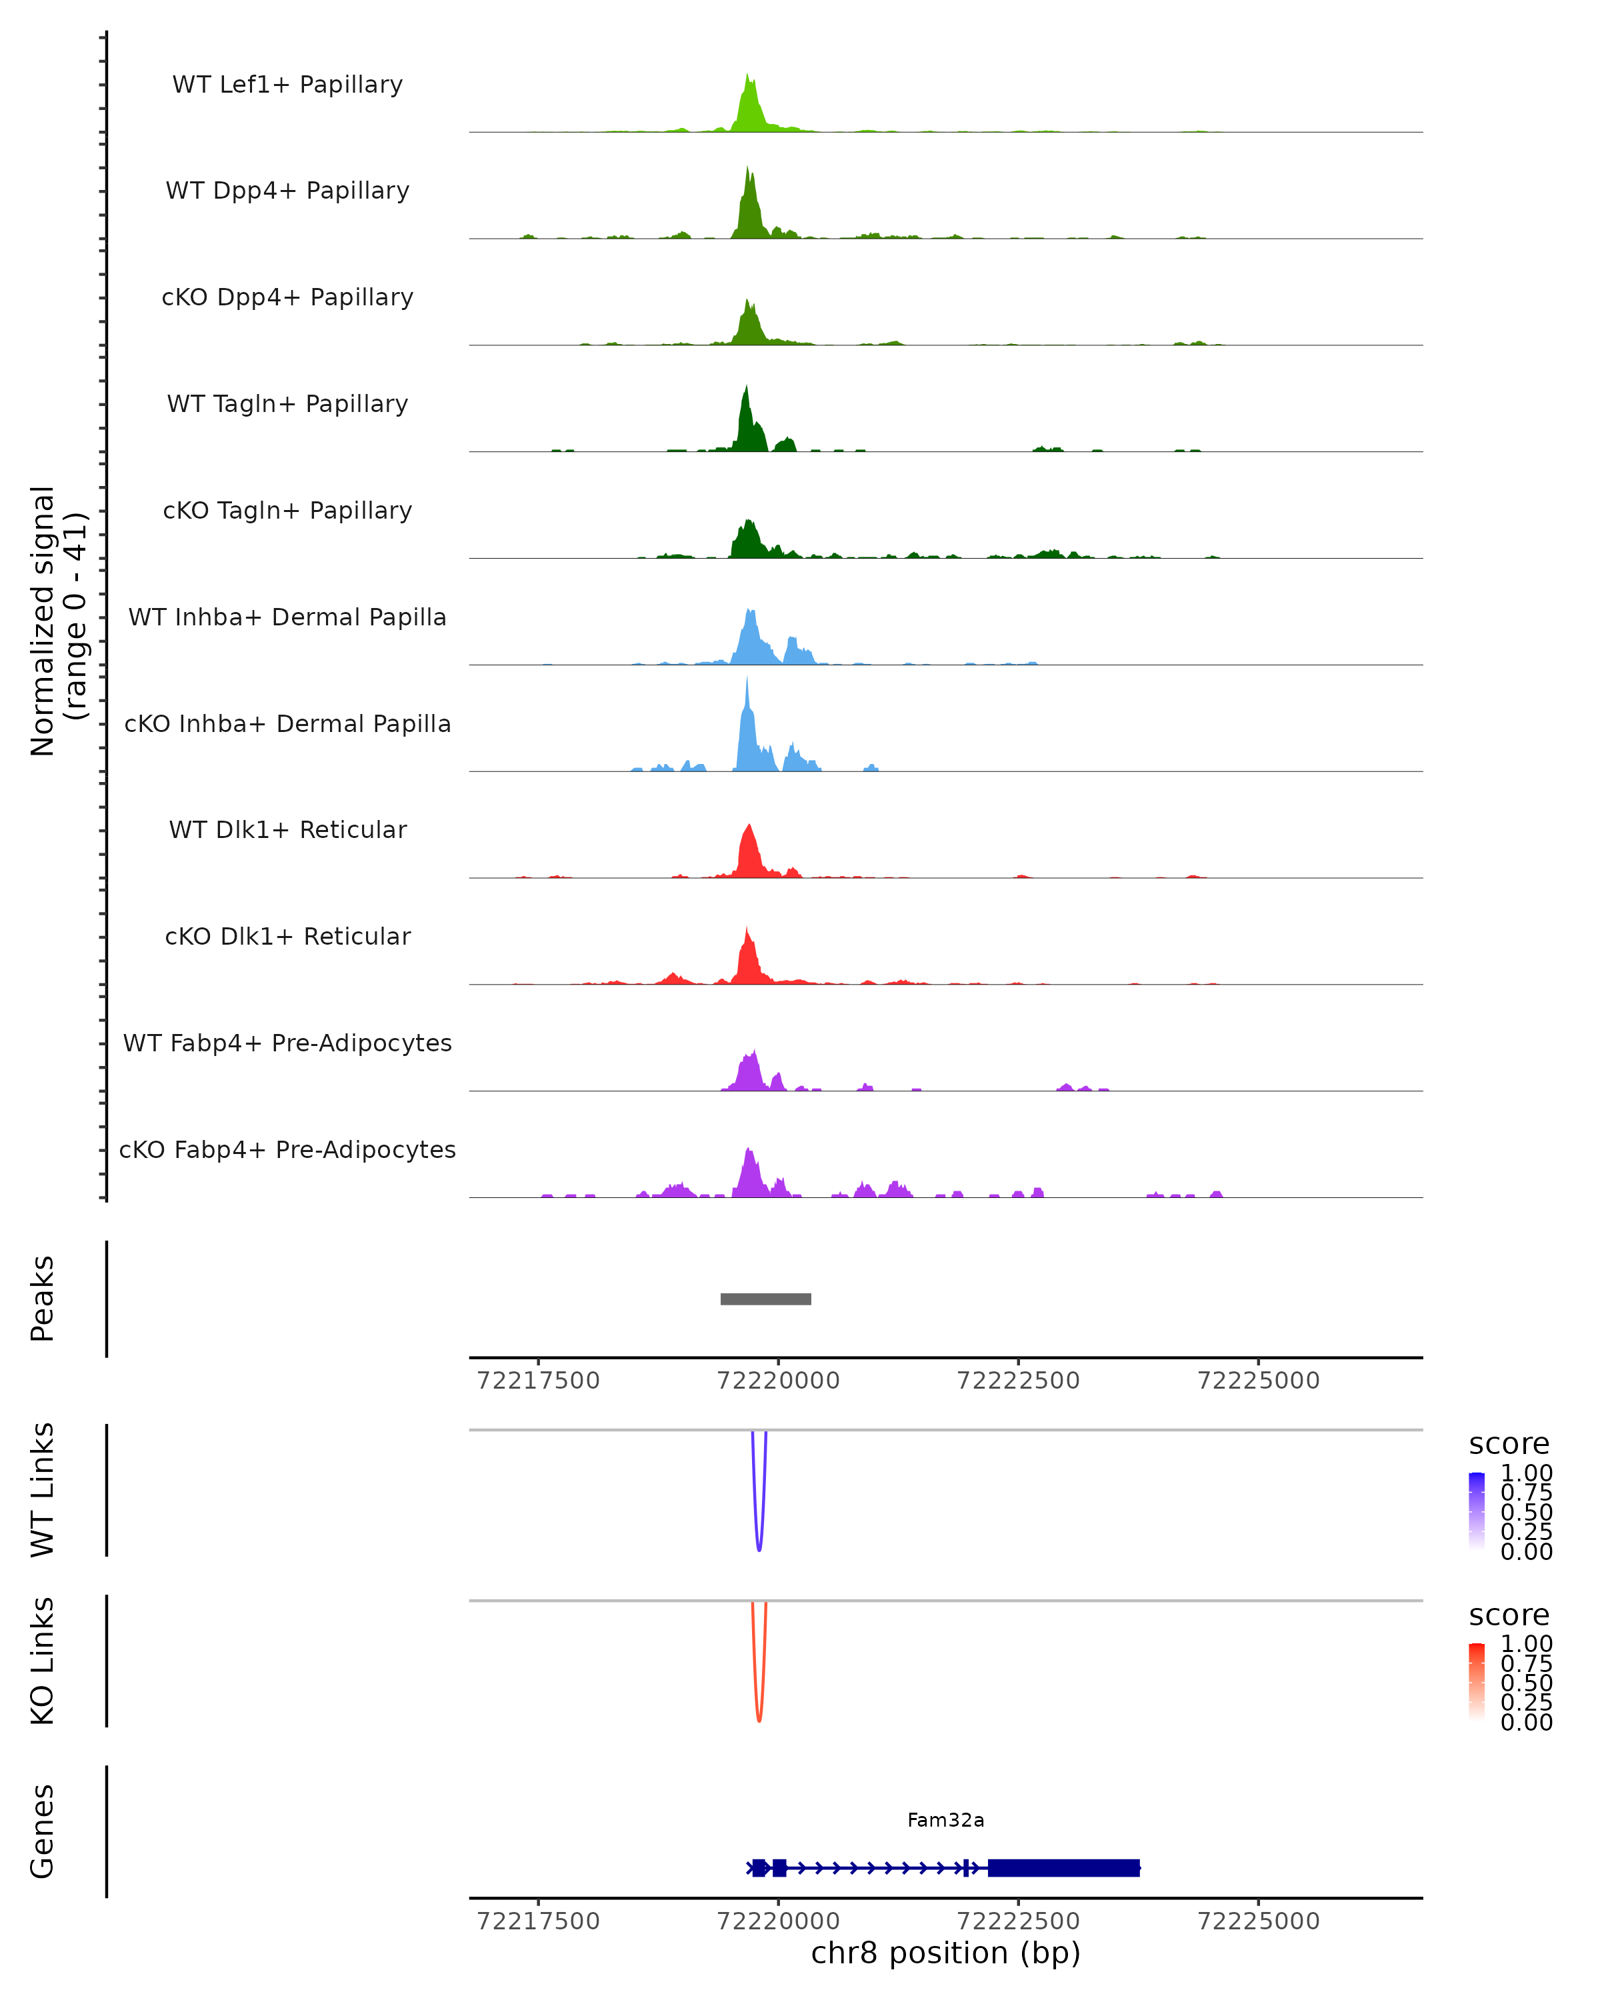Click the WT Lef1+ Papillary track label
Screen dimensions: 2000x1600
(x=287, y=85)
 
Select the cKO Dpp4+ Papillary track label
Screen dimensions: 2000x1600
(x=287, y=298)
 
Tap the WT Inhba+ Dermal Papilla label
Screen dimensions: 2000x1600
(x=287, y=618)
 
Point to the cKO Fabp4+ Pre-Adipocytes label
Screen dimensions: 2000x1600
(x=287, y=1150)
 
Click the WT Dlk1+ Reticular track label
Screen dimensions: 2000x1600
(x=287, y=830)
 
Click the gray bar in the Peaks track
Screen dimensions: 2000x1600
(x=765, y=1299)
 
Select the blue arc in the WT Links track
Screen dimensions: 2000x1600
(x=759, y=1540)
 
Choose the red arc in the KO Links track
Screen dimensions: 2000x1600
(x=759, y=1711)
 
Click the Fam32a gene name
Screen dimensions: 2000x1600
(x=945, y=1820)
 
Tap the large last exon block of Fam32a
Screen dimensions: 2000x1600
(x=1063, y=1868)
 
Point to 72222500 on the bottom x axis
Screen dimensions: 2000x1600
(x=1017, y=1921)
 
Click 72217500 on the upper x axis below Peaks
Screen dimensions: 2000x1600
(x=538, y=1381)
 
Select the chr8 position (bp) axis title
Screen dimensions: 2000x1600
(x=945, y=1953)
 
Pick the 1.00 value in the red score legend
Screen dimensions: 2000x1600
(x=1526, y=1644)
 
